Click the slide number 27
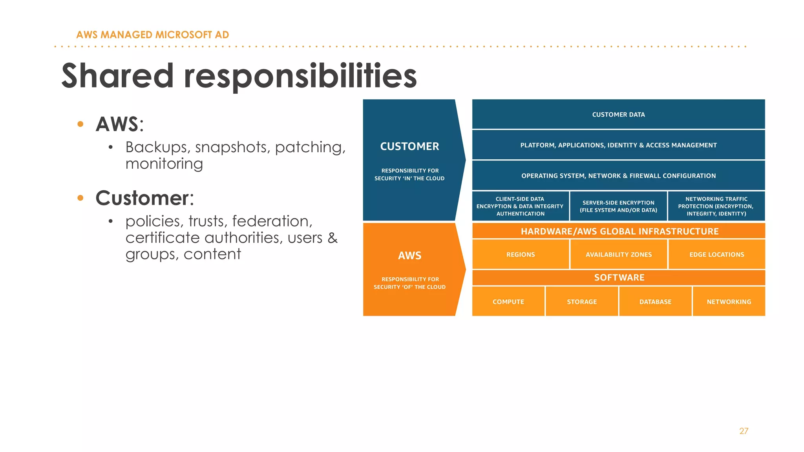coord(744,431)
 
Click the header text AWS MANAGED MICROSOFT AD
coord(152,35)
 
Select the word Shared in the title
coord(117,76)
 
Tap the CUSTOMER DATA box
coord(618,114)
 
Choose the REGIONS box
coord(521,254)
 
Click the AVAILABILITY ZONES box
coord(619,254)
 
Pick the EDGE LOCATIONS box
coord(716,254)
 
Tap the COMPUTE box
coord(508,301)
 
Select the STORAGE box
coord(582,301)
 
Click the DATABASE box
coord(655,301)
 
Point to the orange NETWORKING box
coord(729,301)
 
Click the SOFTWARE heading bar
coord(619,277)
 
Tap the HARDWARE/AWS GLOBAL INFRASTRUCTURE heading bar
coord(619,231)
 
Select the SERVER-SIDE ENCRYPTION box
coord(618,206)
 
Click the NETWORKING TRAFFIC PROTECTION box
coord(716,206)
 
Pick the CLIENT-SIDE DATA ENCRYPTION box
coord(520,206)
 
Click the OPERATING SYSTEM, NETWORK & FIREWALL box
coord(618,175)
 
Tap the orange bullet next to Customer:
coord(80,198)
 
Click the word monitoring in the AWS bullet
coord(164,164)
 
